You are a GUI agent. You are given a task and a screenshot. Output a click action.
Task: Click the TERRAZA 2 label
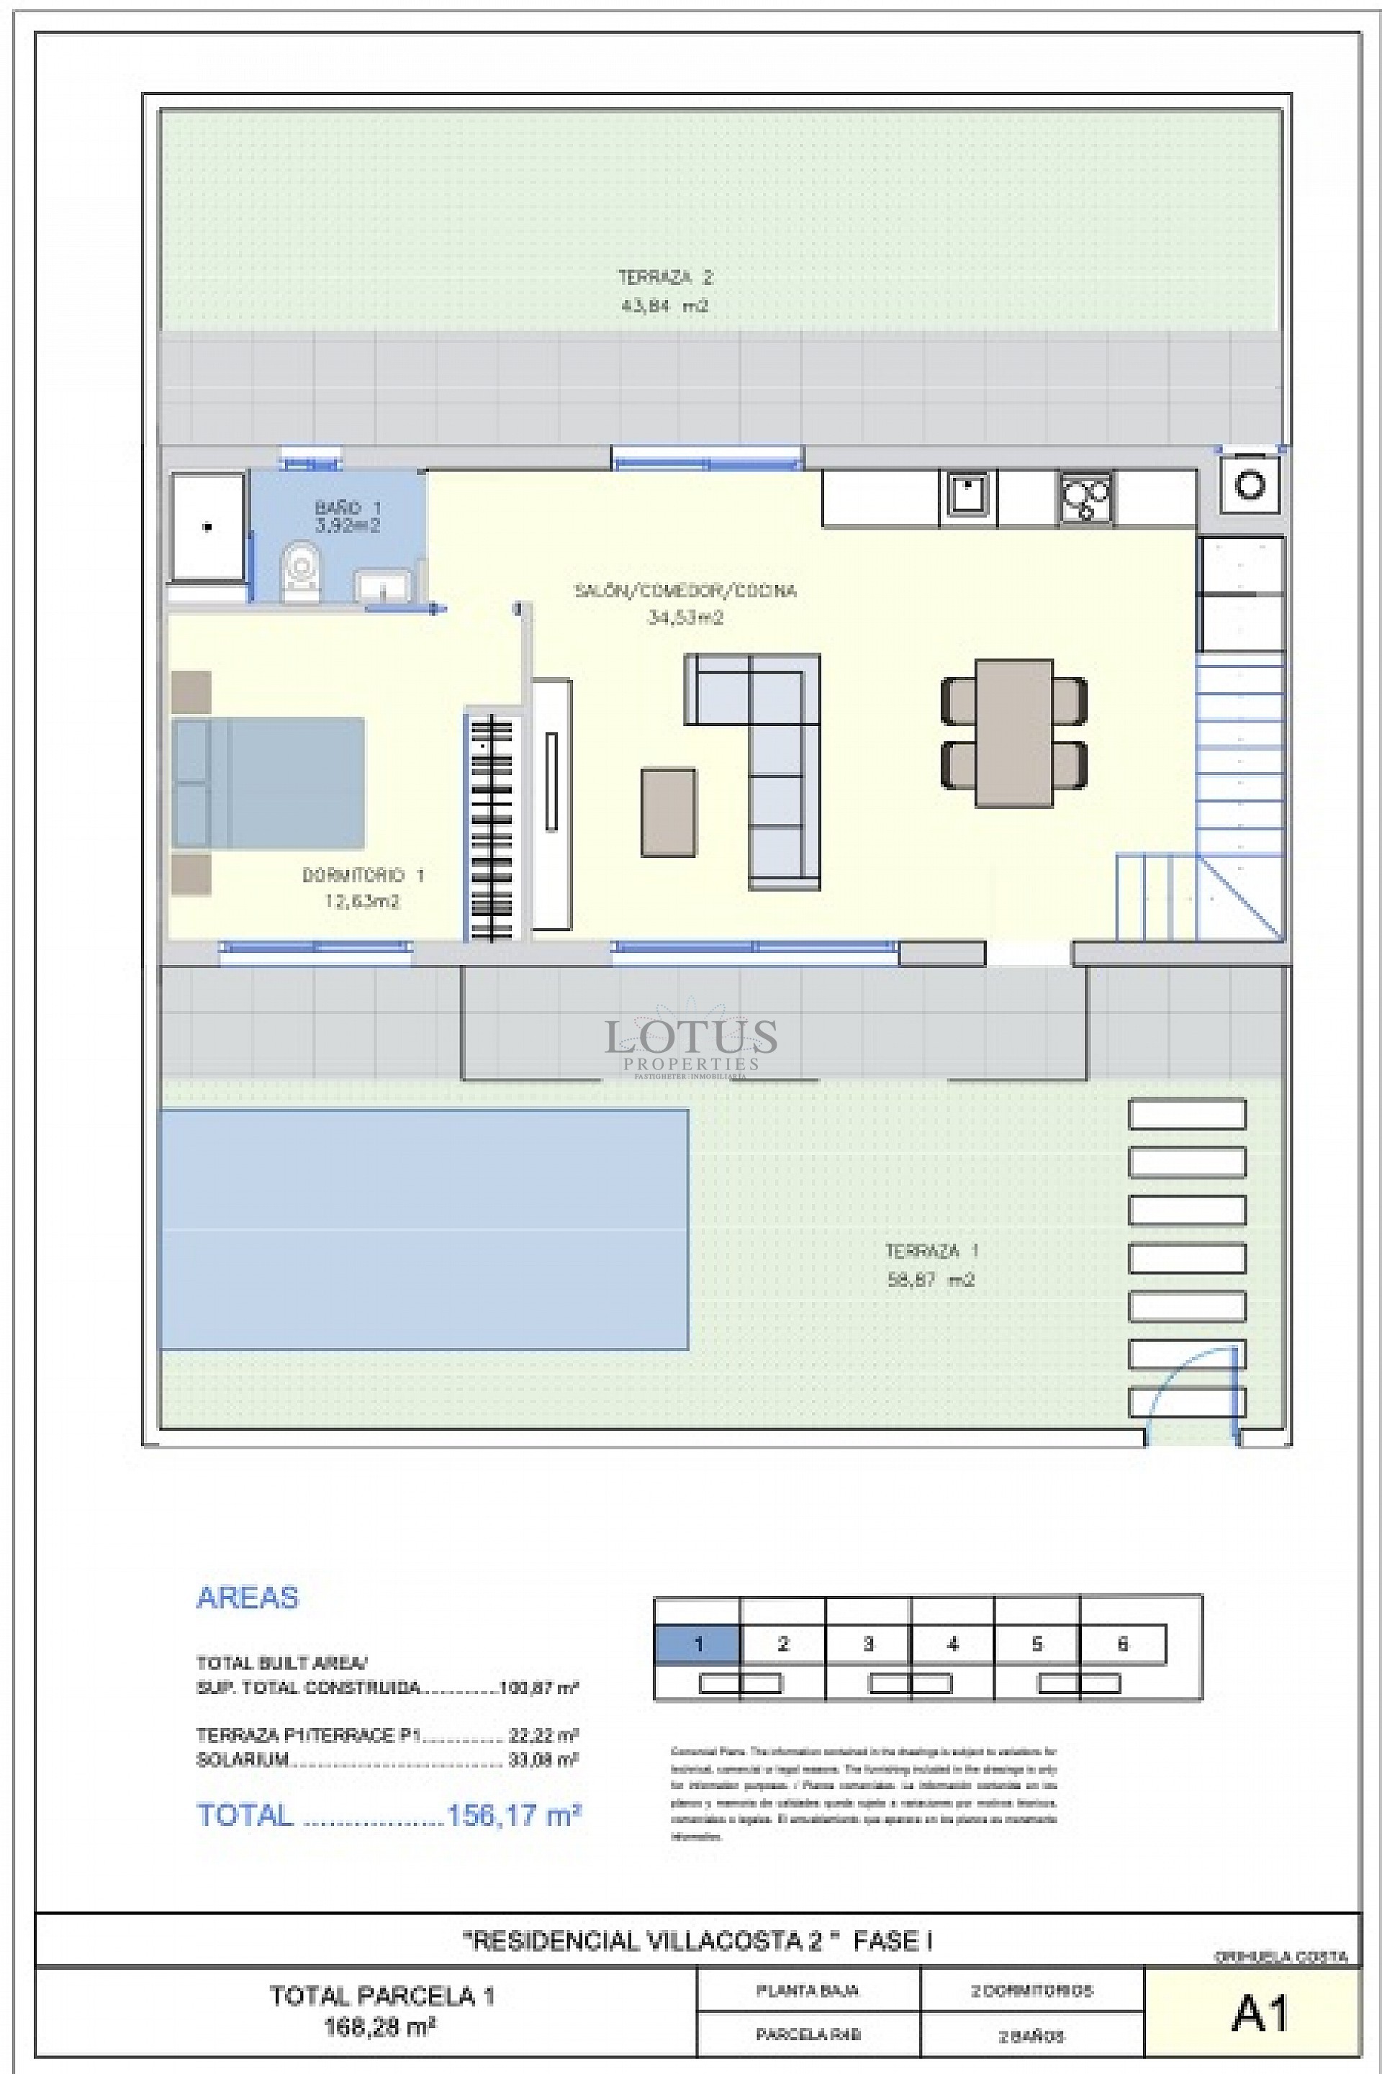664,279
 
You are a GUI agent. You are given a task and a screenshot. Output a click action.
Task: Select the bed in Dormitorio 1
268,782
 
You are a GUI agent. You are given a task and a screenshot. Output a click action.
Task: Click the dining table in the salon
1013,733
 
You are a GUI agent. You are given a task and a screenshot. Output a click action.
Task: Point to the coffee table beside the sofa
668,812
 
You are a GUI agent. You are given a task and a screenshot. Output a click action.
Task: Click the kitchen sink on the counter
967,494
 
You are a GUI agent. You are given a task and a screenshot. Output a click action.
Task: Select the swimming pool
423,1229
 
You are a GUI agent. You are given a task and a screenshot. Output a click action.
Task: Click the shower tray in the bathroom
208,527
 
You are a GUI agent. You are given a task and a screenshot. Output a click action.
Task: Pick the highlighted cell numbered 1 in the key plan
697,1644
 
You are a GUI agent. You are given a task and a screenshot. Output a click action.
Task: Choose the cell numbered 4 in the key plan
952,1644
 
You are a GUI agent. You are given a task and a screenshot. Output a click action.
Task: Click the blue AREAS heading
248,1598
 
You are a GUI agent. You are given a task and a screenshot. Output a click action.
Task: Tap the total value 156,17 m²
514,1815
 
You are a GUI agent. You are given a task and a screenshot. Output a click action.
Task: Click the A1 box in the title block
1260,2014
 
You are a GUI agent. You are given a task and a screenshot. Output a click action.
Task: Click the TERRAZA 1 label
931,1251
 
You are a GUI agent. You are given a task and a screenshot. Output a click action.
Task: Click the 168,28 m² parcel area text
381,2027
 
